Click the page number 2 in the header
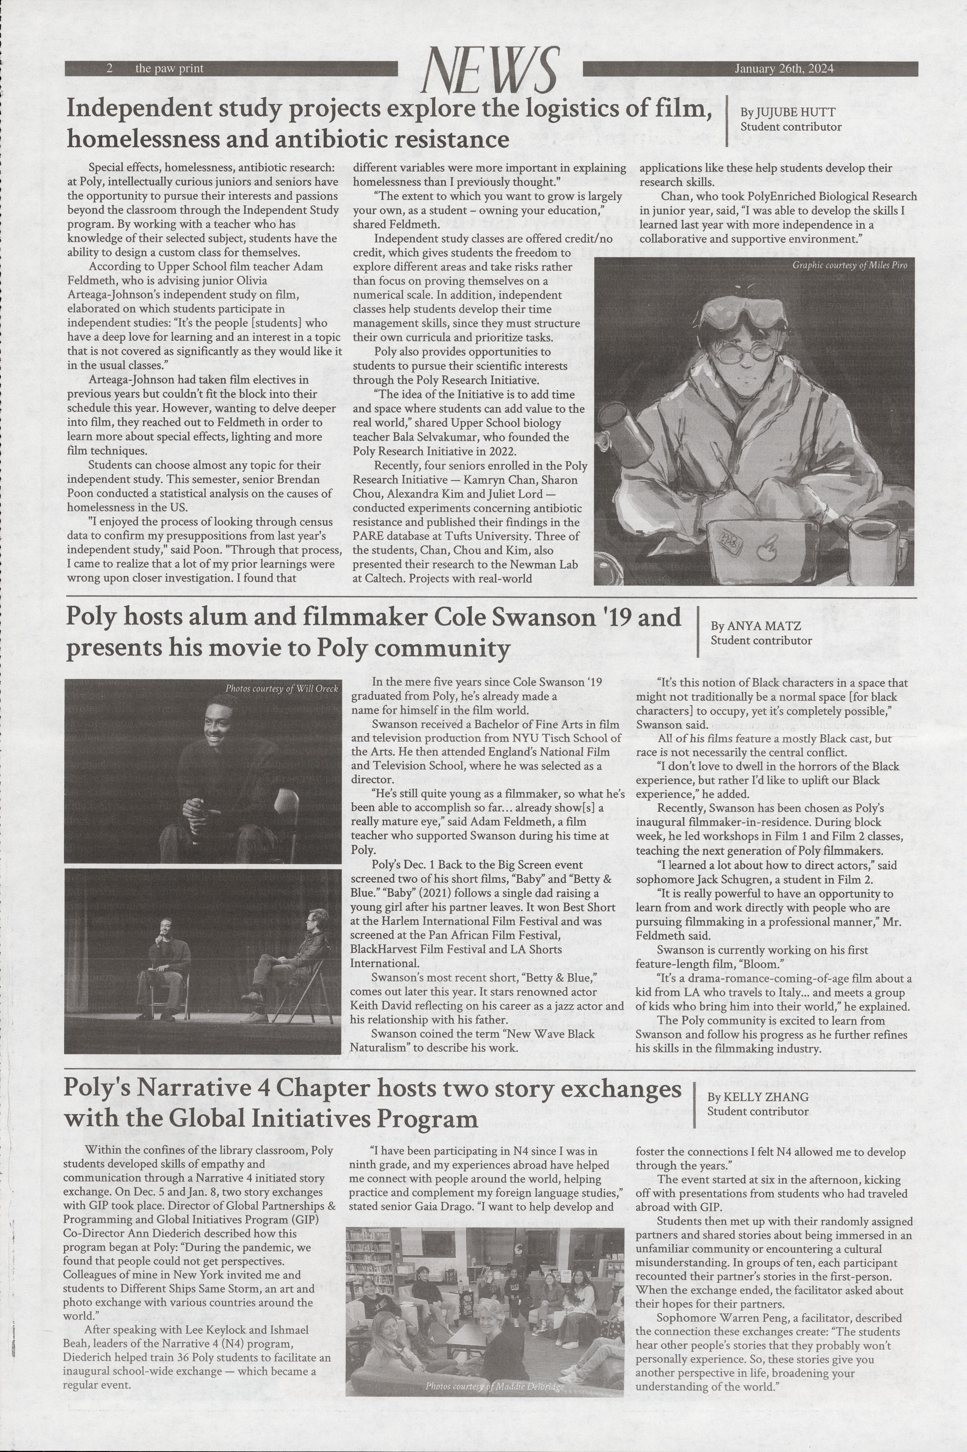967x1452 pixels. click(109, 68)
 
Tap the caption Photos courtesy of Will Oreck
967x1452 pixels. click(281, 688)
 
